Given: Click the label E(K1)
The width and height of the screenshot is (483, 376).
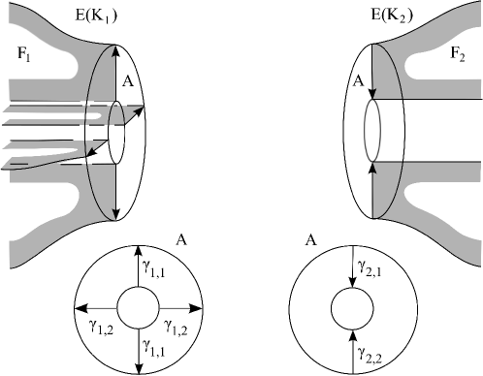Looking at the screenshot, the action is coord(96,16).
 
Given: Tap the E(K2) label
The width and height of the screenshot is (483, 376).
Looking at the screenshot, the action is coord(392,16).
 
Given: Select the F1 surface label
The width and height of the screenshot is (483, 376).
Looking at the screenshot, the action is coord(24,53).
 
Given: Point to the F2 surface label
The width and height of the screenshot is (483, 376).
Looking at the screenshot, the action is coord(458,54).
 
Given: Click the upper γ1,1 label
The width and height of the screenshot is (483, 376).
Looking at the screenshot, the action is coord(154,268).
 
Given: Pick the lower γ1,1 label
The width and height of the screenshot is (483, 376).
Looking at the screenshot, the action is coord(154,348).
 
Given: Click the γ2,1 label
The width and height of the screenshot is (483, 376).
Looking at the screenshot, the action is coord(370,268).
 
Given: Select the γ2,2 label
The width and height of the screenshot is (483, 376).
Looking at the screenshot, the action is coord(370,355).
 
